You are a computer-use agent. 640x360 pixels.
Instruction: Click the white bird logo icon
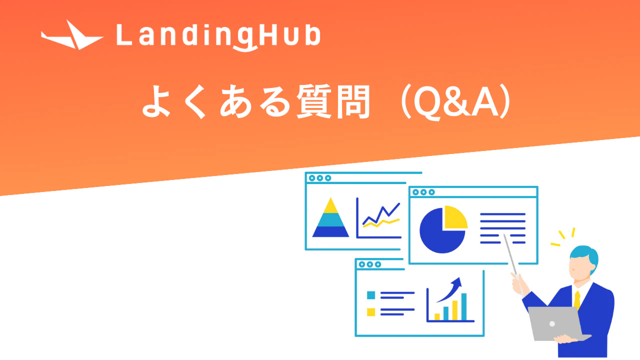(72, 36)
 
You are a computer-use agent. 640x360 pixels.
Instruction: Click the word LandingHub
(217, 36)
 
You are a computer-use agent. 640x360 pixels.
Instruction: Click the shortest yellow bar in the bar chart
(437, 316)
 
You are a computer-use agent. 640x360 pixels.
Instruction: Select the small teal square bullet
(370, 295)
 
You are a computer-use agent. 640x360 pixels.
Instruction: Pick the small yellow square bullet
(370, 312)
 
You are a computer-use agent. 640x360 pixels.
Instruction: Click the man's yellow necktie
(577, 299)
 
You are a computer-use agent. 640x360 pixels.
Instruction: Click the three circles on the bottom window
(369, 264)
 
